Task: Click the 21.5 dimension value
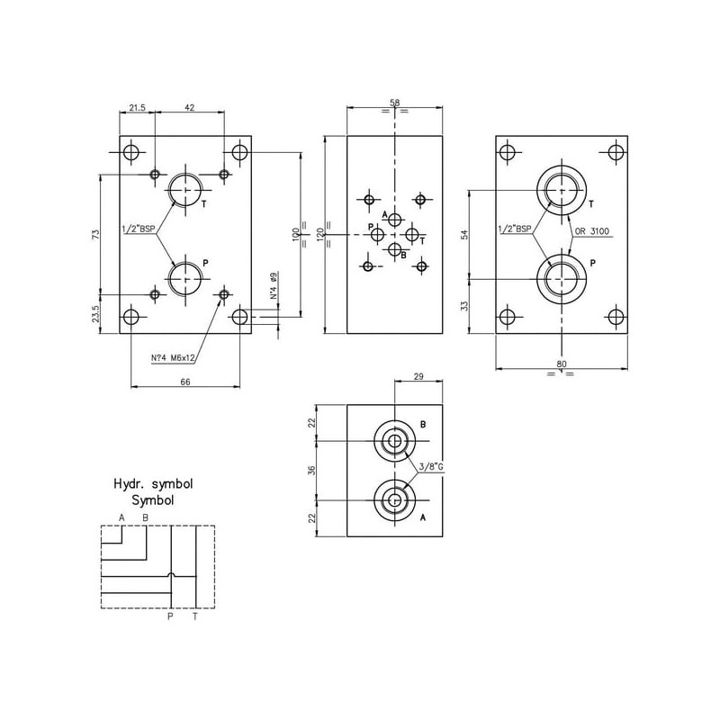137,107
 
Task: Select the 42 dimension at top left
189,107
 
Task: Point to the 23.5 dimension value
95,314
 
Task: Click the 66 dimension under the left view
184,382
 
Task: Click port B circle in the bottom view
393,440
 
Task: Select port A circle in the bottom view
393,499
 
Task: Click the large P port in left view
187,278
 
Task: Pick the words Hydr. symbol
153,484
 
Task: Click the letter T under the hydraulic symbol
194,616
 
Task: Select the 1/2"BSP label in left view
138,229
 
